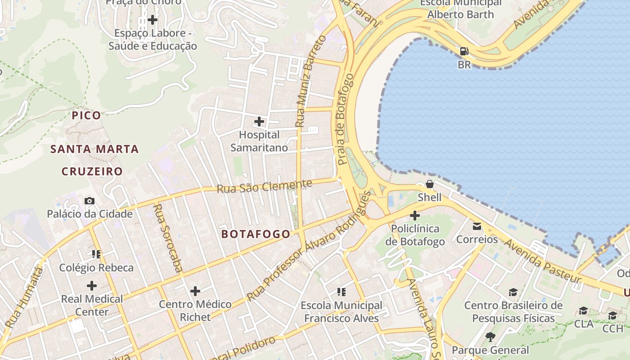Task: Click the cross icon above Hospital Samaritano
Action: tap(259, 121)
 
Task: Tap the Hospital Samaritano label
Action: tap(259, 141)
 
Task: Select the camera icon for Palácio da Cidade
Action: tap(90, 201)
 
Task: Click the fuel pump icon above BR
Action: tap(464, 51)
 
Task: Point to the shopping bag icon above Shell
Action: tap(430, 184)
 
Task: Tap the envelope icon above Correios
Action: tap(477, 226)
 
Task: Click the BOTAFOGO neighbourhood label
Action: tap(256, 234)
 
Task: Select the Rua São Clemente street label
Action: tap(264, 186)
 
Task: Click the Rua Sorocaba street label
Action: tap(167, 238)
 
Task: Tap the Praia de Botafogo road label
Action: tap(345, 119)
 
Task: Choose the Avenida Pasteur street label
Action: tap(542, 261)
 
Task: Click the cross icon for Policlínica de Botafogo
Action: tap(415, 216)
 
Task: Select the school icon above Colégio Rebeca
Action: tap(96, 254)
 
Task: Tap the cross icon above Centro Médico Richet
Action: tap(195, 291)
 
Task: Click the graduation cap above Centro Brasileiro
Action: tap(513, 292)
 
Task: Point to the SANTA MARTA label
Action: tap(94, 149)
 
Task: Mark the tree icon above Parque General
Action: tap(490, 337)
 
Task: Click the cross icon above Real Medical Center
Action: tap(92, 286)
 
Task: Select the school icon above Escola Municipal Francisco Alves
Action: tap(342, 292)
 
